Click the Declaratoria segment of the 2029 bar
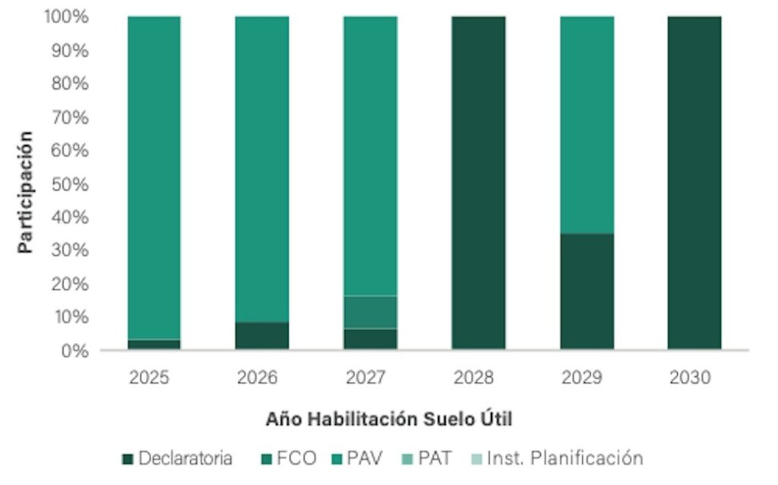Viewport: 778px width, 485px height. pos(587,291)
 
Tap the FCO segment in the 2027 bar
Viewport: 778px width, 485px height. pos(370,312)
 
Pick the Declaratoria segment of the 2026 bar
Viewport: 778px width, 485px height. pos(261,336)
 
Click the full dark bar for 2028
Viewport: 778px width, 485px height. pos(478,182)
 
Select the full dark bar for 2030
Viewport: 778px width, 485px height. pos(694,182)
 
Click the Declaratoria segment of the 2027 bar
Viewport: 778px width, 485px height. pos(370,339)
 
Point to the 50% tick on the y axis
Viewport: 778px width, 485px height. pos(71,184)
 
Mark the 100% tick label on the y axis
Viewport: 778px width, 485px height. pos(66,17)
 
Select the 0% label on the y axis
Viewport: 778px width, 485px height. pos(74,350)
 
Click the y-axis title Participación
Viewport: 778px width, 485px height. pos(26,192)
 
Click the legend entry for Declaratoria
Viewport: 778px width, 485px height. pos(177,458)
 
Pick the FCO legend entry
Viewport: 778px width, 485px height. pos(285,458)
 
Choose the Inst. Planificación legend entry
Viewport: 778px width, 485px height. pos(556,458)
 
